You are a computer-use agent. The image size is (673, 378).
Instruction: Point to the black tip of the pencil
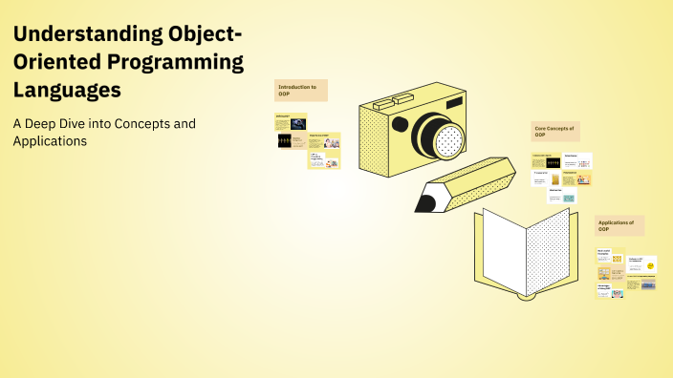(423, 202)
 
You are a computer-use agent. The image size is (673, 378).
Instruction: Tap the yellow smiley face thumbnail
(651, 264)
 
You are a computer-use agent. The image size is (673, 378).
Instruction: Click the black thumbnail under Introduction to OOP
(286, 140)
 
